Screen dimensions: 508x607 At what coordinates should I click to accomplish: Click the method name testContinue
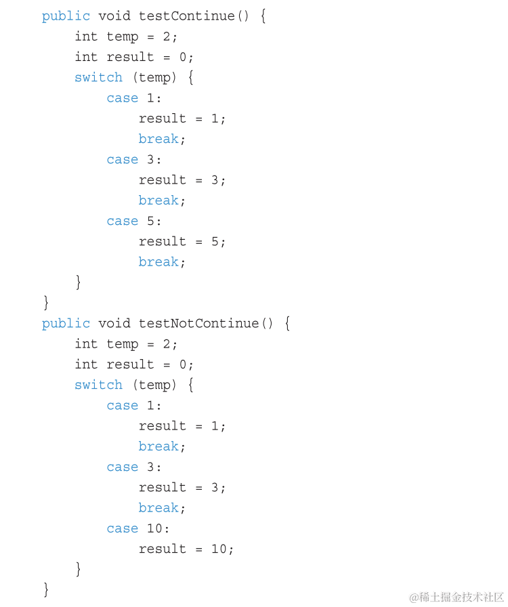(187, 16)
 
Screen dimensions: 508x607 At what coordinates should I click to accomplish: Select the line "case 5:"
(134, 221)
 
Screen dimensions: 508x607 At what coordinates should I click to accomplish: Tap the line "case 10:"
(138, 528)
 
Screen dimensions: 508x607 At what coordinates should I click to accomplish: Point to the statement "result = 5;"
(182, 241)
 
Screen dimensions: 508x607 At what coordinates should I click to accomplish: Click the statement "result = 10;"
(186, 549)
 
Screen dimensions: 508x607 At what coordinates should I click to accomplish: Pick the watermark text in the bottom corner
(457, 596)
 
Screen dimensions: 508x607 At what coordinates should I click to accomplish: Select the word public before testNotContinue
(66, 323)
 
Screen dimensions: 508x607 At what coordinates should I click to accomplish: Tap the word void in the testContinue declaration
(114, 16)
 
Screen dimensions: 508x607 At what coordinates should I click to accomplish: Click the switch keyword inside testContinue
(98, 77)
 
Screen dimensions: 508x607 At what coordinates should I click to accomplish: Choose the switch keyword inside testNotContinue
(98, 385)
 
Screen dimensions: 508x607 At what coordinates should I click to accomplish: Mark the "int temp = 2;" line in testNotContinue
(126, 343)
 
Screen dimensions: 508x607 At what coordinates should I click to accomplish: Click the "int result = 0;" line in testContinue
(134, 57)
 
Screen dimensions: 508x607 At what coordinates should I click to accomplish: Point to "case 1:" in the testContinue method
(134, 98)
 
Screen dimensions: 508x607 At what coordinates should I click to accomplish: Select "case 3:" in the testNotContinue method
(134, 467)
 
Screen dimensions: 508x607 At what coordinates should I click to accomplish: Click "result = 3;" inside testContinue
(182, 180)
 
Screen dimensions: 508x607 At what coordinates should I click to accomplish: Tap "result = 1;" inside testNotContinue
(182, 425)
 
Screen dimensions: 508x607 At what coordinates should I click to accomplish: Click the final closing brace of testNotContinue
(46, 589)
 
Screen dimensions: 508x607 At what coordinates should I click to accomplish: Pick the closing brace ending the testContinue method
(46, 301)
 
